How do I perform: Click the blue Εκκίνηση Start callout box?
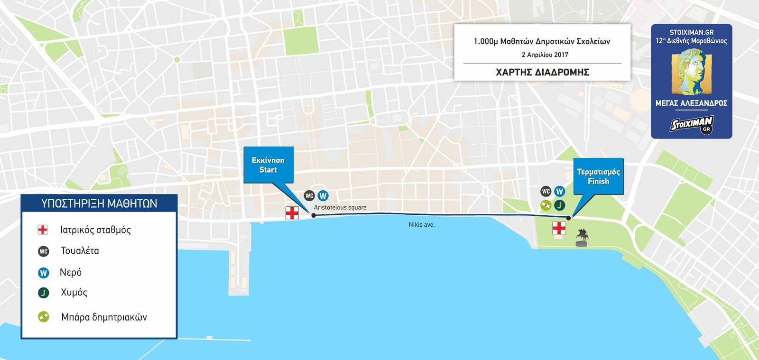coord(268,165)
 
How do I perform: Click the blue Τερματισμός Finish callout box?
coord(598,176)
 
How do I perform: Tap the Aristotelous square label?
coord(340,207)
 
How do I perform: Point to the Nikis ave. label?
coord(421,224)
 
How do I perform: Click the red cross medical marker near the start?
coord(292,213)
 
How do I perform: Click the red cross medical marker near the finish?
coord(559,228)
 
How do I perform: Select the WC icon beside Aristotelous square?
coord(309,195)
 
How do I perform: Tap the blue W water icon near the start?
coord(323,195)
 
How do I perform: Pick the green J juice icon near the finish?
coord(559,205)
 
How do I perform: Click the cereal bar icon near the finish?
coord(546,205)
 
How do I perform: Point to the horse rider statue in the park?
coord(582,237)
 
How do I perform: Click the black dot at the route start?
coord(314,215)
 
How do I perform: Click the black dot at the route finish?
coord(568,218)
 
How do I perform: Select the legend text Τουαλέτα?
coord(80,251)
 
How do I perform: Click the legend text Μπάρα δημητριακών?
coord(104,317)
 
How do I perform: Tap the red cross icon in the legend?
coord(43,230)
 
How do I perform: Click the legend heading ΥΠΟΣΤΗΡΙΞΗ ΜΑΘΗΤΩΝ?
coord(99,203)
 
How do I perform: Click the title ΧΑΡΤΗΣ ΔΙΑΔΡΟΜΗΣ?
coord(542,72)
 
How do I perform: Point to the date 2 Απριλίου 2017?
coord(545,55)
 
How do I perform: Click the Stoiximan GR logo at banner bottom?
coord(692,124)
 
